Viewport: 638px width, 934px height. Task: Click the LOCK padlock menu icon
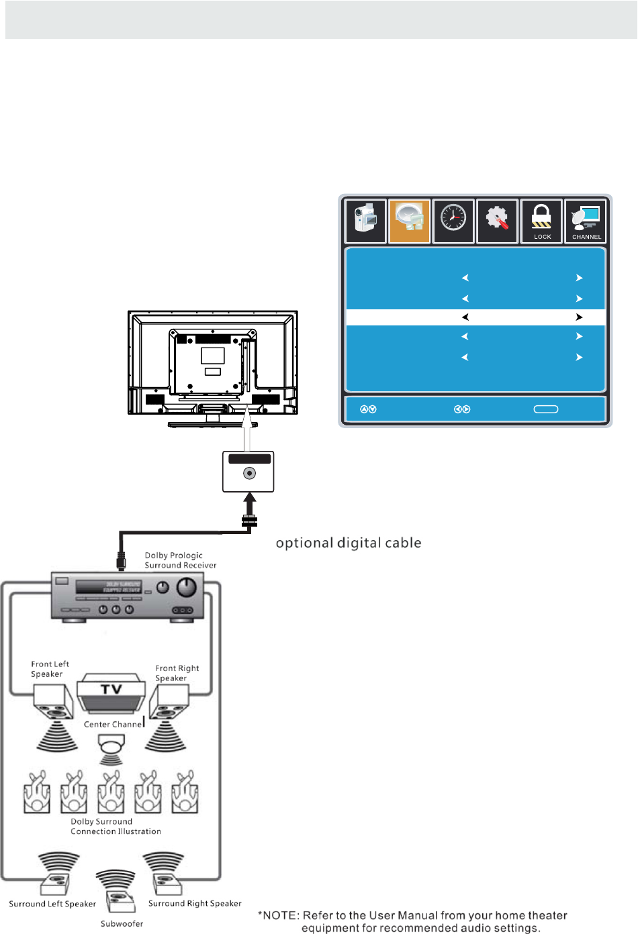point(541,221)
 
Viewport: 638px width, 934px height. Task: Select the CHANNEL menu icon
point(586,221)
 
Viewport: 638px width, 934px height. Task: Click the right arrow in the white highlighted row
point(579,317)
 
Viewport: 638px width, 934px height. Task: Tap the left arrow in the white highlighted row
point(465,317)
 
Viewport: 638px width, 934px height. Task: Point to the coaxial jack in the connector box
point(249,474)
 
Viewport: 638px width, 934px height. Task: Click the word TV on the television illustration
point(111,689)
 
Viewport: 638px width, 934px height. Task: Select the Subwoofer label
point(122,924)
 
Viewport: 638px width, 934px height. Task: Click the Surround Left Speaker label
point(52,904)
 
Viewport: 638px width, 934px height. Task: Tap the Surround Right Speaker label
point(195,903)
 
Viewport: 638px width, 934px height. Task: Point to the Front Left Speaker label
point(50,669)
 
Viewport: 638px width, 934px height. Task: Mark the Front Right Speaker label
point(177,673)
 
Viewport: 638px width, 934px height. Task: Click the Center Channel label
point(113,724)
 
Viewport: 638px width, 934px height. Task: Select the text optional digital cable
point(349,543)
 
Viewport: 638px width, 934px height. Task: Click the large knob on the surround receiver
point(186,588)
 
